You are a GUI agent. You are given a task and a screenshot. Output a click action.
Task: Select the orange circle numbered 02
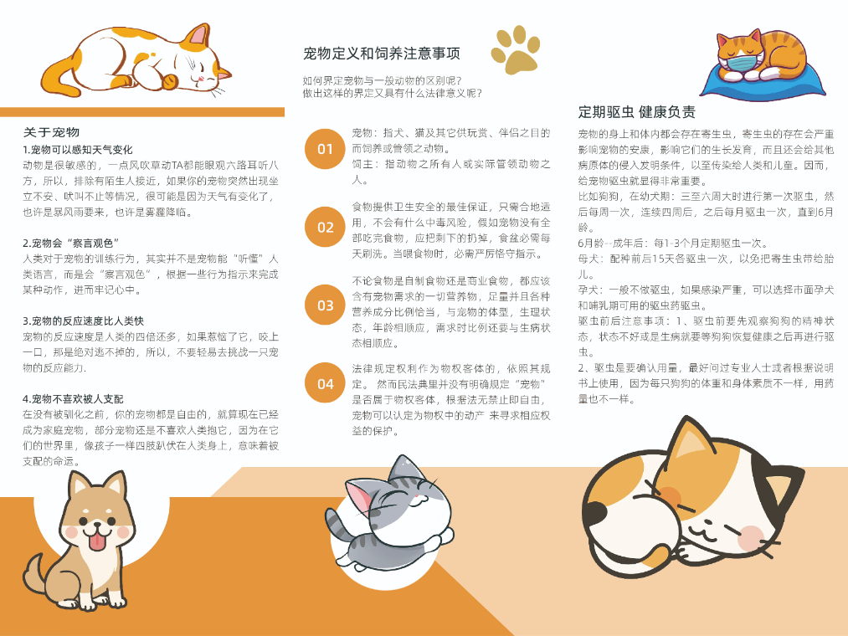(x=325, y=227)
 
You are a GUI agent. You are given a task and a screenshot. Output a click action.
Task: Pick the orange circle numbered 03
(x=325, y=305)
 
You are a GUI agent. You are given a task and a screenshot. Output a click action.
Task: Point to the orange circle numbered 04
(x=325, y=383)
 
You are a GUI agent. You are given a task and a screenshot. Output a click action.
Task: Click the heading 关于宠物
(x=51, y=132)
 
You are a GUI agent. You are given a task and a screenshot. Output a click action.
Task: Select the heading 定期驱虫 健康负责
(x=636, y=112)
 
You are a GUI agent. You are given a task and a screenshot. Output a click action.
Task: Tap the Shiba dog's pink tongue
(x=99, y=543)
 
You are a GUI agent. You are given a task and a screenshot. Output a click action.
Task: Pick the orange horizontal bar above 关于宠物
(x=142, y=112)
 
